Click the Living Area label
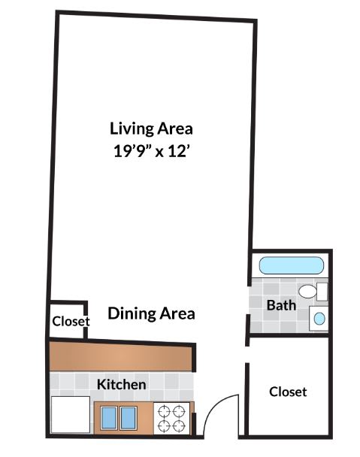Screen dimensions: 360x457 151,129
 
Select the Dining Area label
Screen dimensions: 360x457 151,313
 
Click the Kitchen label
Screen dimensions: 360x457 121,384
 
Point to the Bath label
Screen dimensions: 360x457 281,305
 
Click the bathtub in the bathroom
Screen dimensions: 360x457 291,265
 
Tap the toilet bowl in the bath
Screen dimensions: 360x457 307,292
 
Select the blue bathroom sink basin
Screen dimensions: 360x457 319,318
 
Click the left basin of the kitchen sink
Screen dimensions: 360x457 109,418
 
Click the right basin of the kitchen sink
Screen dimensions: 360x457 129,418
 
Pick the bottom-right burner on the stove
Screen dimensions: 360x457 178,426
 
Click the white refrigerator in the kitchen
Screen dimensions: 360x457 71,414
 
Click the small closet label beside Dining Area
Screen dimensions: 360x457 71,321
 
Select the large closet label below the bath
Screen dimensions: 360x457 288,392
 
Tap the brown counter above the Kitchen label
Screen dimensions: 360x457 121,356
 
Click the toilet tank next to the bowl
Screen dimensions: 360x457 322,292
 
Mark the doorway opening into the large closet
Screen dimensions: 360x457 247,355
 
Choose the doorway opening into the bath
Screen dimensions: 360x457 249,300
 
